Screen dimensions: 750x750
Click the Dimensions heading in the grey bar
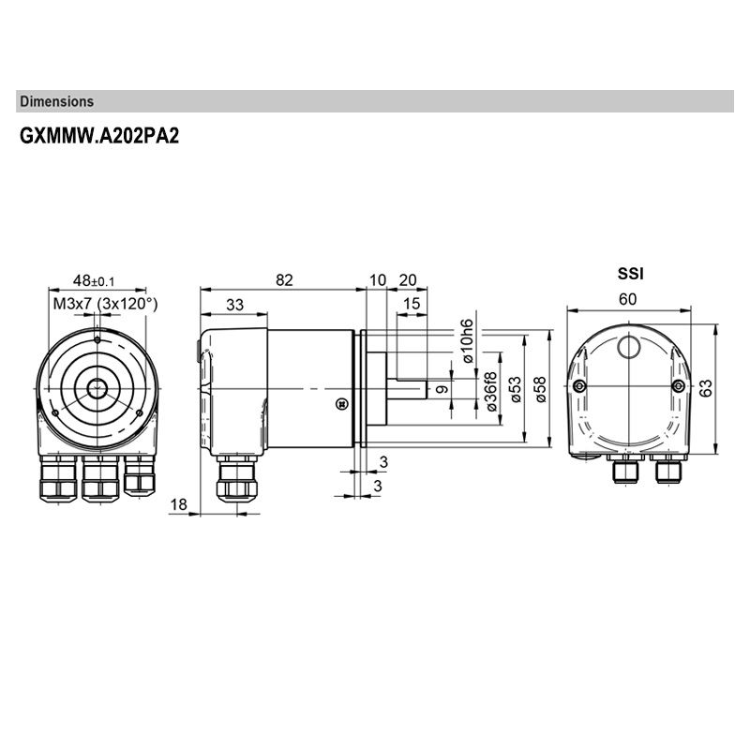tap(57, 101)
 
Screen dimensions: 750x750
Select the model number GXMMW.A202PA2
tap(99, 136)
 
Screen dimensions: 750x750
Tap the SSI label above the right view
tap(630, 274)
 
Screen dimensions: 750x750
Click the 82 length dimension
tap(284, 279)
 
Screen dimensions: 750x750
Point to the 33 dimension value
tap(234, 305)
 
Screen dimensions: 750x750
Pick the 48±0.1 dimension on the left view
tap(94, 280)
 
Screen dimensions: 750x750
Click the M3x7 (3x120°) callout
tap(105, 304)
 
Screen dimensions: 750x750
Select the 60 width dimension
tap(627, 299)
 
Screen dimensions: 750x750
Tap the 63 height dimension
tap(706, 387)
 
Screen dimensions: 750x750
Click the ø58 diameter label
tap(541, 389)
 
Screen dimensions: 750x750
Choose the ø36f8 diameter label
tap(491, 391)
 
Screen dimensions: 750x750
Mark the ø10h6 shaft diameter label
tap(467, 341)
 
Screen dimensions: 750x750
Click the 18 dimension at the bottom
tap(178, 504)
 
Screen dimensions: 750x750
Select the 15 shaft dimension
tap(412, 303)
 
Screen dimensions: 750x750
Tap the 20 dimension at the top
tap(408, 279)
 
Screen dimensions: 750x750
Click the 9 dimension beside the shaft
tap(442, 389)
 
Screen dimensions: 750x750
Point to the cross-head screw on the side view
tap(341, 404)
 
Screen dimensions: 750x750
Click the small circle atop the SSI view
tap(628, 347)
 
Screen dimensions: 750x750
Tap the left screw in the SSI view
tap(579, 385)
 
